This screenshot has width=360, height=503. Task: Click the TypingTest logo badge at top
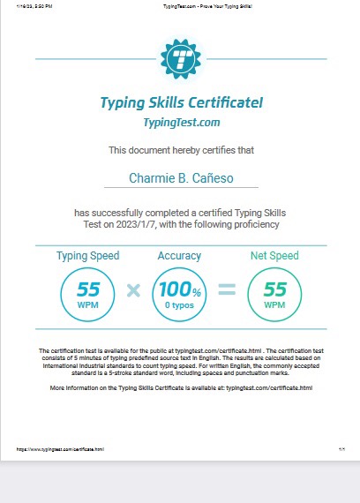pyautogui.click(x=181, y=59)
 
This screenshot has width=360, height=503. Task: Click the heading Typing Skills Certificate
pyautogui.click(x=181, y=102)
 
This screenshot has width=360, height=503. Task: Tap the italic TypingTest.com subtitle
pyautogui.click(x=181, y=123)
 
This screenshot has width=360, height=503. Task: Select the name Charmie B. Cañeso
pyautogui.click(x=180, y=179)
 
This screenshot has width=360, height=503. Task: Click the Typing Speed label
pyautogui.click(x=88, y=256)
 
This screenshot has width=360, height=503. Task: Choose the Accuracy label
pyautogui.click(x=179, y=256)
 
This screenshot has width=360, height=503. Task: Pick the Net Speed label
pyautogui.click(x=274, y=256)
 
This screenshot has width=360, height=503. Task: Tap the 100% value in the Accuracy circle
pyautogui.click(x=179, y=289)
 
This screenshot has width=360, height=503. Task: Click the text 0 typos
pyautogui.click(x=179, y=304)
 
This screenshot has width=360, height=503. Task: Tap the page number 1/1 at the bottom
pyautogui.click(x=341, y=449)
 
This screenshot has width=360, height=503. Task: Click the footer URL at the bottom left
pyautogui.click(x=60, y=449)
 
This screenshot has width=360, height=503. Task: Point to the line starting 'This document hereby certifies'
pyautogui.click(x=180, y=151)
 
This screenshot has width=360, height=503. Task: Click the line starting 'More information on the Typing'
pyautogui.click(x=181, y=387)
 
